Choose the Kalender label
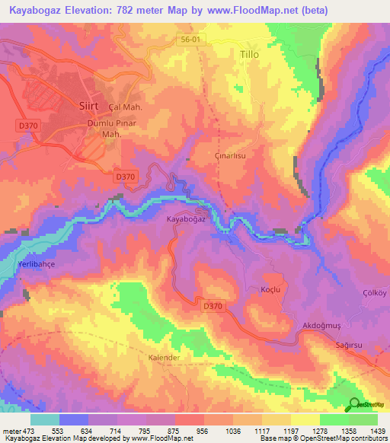point(163,357)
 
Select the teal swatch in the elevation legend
point(45,419)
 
